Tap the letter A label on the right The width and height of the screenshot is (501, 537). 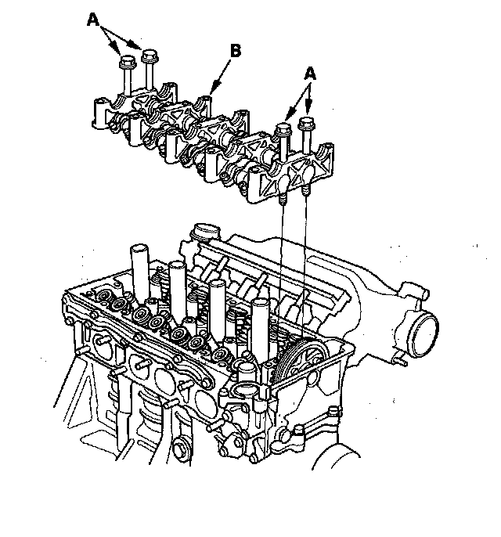(x=311, y=72)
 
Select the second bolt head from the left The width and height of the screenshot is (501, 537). (x=150, y=55)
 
